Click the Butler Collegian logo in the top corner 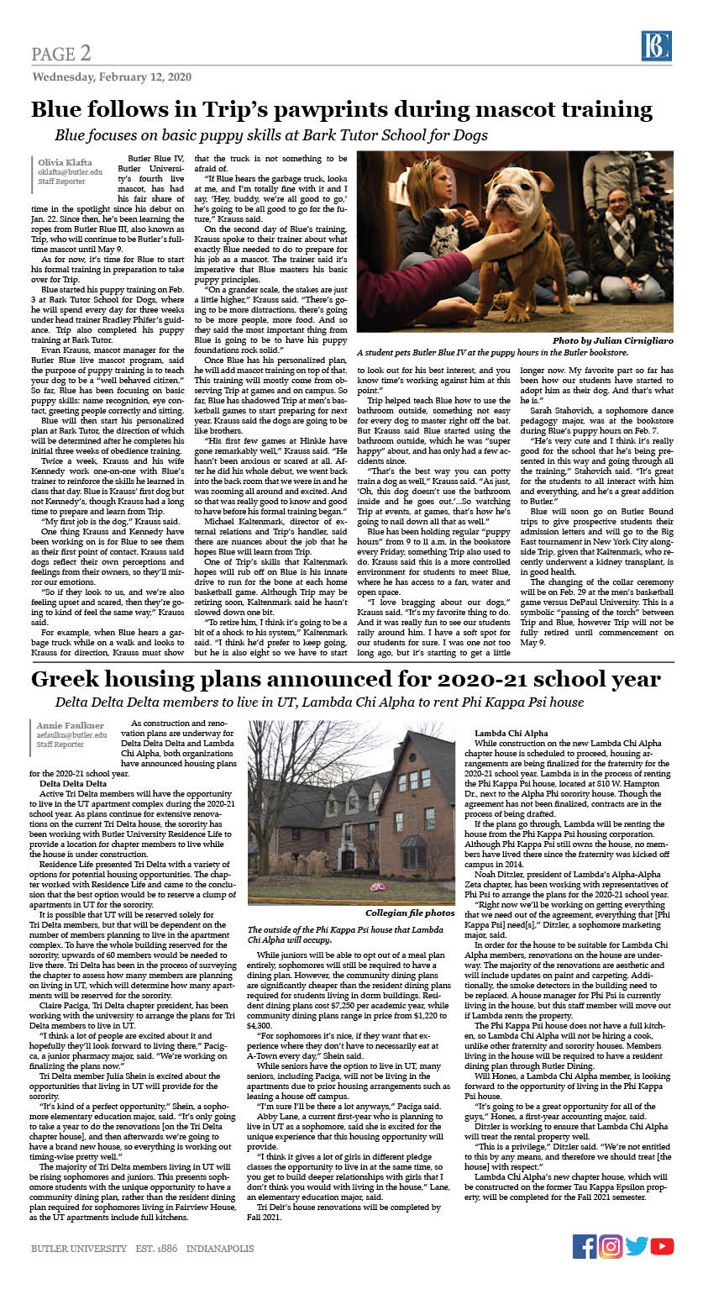[656, 47]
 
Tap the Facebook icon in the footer [585, 1246]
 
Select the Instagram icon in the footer [611, 1246]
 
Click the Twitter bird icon [637, 1246]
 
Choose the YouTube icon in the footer [663, 1246]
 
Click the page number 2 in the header [86, 54]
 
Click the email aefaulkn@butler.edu [71, 734]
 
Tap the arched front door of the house [346, 859]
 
